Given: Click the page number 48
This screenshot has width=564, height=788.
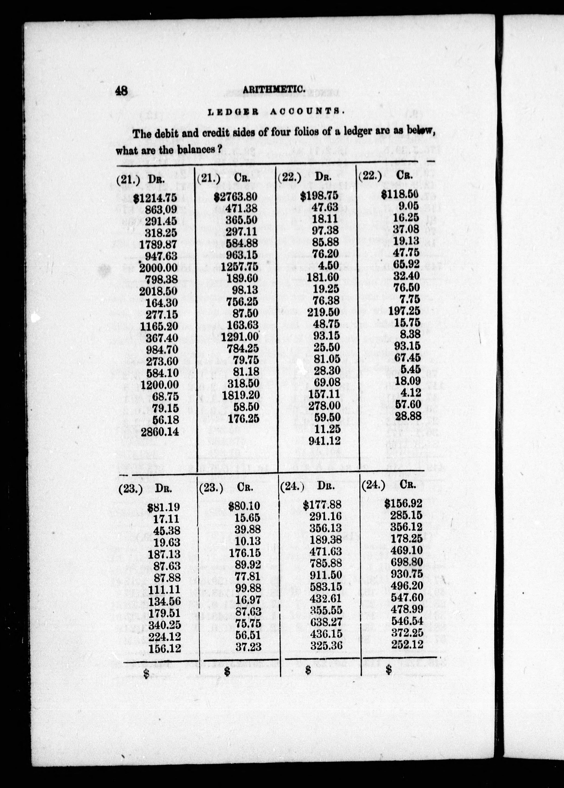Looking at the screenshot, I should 122,91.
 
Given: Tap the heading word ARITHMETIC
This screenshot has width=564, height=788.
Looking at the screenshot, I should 274,89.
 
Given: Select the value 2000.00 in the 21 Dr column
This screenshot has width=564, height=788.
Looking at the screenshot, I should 158,268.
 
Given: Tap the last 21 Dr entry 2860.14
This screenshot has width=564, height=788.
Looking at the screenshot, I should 160,432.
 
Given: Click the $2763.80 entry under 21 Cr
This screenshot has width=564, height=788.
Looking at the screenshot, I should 235,197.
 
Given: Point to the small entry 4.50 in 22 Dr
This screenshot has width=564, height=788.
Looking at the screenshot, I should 329,266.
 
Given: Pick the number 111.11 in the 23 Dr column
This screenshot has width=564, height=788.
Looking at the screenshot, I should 165,590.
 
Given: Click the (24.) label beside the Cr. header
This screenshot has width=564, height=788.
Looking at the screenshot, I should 373,485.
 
